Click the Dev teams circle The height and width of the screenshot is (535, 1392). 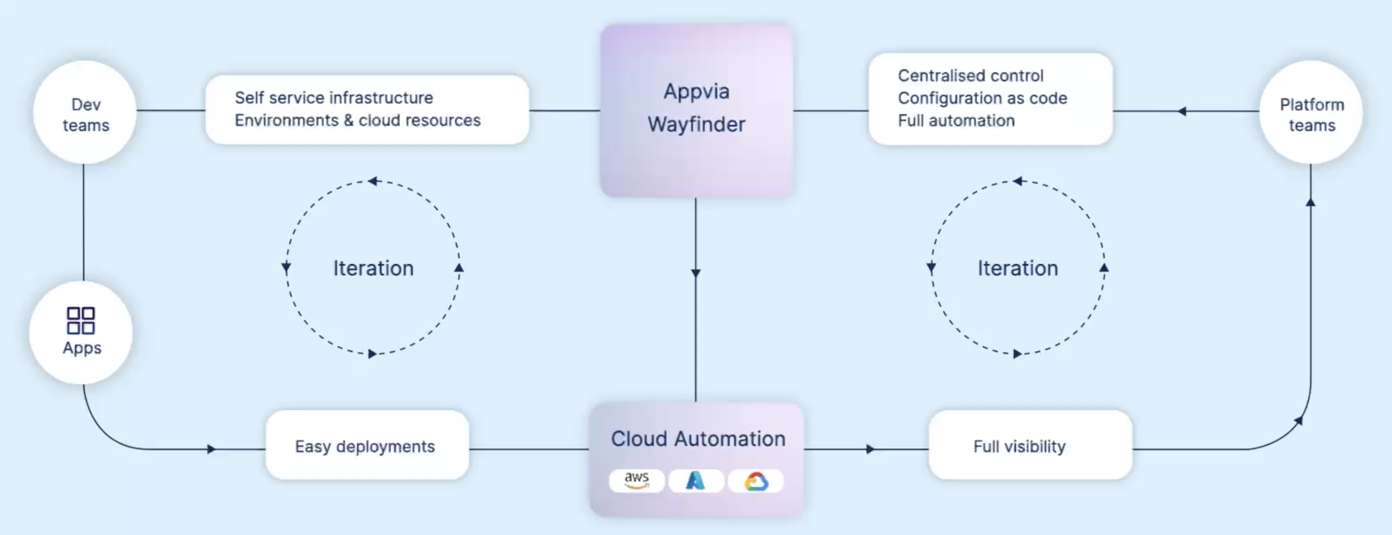(x=85, y=113)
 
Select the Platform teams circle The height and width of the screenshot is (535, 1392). (x=1311, y=113)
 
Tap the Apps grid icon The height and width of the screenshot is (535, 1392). (x=81, y=321)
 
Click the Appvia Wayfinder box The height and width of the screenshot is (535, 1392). (x=696, y=110)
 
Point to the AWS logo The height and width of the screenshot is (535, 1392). (x=637, y=480)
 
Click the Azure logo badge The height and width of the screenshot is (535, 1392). (x=696, y=480)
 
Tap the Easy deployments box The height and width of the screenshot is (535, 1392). (x=367, y=446)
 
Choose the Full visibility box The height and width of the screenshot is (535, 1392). (x=1030, y=446)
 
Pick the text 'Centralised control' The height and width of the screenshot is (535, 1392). (x=971, y=76)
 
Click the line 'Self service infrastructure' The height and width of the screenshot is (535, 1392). (x=333, y=98)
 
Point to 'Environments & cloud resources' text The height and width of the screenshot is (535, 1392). (x=357, y=120)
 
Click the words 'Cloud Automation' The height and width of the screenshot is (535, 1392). (x=697, y=439)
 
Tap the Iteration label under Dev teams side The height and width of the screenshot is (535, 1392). (x=373, y=268)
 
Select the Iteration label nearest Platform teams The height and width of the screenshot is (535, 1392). (x=1017, y=268)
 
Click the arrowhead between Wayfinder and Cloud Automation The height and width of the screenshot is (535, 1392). (x=696, y=273)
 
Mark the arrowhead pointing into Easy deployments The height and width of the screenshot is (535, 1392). (x=211, y=449)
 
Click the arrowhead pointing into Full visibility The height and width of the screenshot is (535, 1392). (x=870, y=449)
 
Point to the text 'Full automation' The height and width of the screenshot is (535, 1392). (x=956, y=121)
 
